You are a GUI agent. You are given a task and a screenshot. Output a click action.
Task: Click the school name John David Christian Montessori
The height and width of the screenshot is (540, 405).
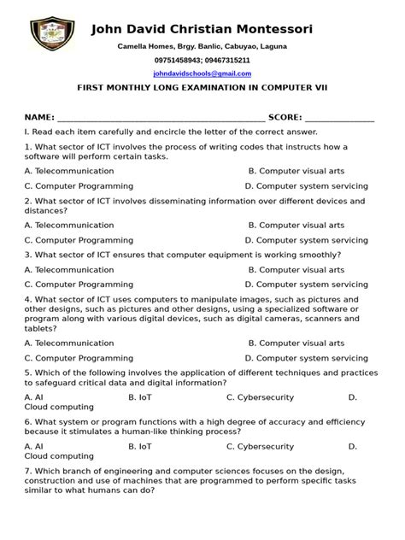[202, 30]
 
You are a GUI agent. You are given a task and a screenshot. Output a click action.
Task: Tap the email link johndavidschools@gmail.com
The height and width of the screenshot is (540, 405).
[202, 74]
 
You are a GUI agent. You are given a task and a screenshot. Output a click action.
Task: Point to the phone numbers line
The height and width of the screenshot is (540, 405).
[202, 61]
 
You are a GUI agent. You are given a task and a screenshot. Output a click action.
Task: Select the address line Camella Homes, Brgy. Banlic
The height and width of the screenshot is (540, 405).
[202, 46]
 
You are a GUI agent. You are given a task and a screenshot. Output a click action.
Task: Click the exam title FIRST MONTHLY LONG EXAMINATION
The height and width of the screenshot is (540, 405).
[202, 87]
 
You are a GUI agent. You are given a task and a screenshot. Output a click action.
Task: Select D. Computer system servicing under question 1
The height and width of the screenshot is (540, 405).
[306, 185]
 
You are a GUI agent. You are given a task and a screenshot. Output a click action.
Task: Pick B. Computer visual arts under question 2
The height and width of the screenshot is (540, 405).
[296, 226]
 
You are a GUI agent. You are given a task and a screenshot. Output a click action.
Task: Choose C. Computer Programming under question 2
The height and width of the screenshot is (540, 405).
[79, 240]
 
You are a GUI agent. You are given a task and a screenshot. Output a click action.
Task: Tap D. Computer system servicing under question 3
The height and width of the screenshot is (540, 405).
[306, 284]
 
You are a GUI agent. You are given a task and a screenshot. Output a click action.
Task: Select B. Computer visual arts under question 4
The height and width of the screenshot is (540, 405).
[296, 343]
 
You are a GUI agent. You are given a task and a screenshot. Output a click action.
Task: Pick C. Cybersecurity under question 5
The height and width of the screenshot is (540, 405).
[260, 397]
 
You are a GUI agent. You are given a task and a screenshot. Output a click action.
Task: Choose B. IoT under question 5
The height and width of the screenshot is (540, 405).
[140, 397]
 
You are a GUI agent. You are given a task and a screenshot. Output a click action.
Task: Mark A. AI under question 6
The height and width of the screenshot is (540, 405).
[34, 446]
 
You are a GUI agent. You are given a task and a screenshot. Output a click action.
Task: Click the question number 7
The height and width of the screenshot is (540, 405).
[27, 471]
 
